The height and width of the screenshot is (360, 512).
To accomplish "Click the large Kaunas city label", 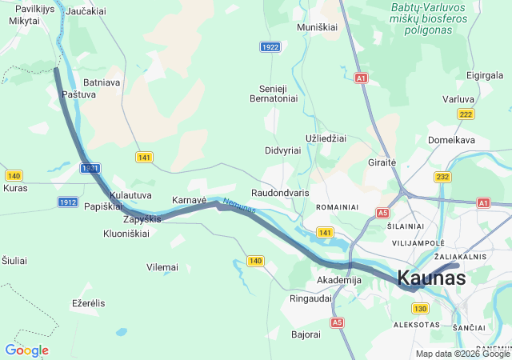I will [431, 278].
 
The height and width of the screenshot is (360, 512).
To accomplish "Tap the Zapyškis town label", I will [142, 219].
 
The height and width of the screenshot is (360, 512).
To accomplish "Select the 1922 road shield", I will [270, 47].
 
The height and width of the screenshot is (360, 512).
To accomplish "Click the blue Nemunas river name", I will [239, 206].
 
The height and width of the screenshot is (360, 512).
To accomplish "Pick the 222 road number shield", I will [466, 114].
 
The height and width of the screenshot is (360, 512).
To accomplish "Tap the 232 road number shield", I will [442, 176].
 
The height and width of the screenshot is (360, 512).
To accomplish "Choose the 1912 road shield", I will [68, 202].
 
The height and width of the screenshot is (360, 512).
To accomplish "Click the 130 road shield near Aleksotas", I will [421, 308].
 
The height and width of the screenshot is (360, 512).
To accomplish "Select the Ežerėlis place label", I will [88, 303].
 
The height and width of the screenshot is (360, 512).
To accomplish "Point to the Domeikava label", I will [451, 140].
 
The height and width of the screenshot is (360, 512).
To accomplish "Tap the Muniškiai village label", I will [318, 27].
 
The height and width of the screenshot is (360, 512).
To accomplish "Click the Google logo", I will [26, 350].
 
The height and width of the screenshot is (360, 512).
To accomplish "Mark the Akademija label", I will [339, 280].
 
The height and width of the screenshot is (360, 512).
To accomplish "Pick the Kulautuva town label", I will [130, 195].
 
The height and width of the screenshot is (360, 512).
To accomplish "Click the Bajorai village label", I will [306, 334].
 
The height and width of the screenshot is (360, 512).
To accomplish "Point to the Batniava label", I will [102, 82].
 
